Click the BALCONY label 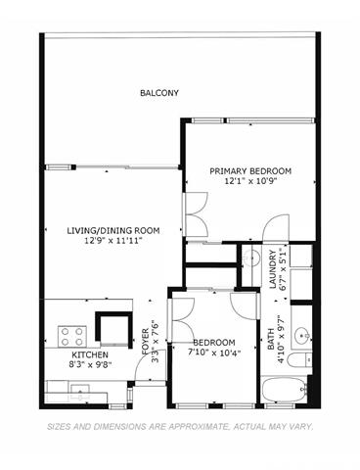click(x=159, y=93)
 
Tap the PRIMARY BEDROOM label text click(x=250, y=171)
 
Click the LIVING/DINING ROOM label click(x=113, y=231)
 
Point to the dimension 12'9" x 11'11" click(x=113, y=241)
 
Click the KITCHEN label click(x=90, y=354)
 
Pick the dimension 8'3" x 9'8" click(x=90, y=364)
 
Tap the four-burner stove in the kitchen click(x=72, y=337)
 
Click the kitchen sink click(x=80, y=391)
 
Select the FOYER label click(x=146, y=342)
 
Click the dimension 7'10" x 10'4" click(x=214, y=352)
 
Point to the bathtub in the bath click(x=284, y=390)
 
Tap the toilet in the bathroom click(x=300, y=360)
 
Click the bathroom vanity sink click(x=302, y=335)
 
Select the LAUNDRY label click(x=273, y=269)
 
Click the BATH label click(x=271, y=340)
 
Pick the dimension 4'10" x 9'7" click(x=281, y=339)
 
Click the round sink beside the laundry click(x=251, y=257)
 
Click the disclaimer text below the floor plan click(x=180, y=427)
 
